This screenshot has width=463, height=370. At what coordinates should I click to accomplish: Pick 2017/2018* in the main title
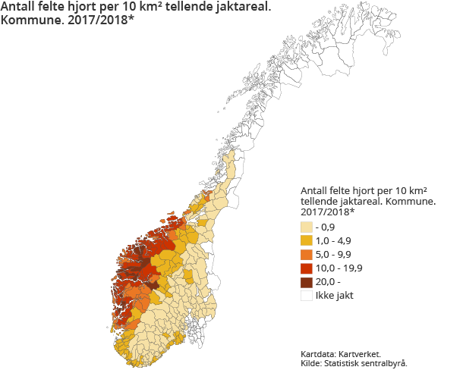(x=99, y=24)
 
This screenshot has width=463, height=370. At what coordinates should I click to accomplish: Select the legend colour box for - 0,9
(x=307, y=227)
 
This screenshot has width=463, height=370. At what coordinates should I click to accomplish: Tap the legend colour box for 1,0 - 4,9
(x=307, y=240)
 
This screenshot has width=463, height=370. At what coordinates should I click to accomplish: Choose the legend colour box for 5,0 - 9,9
(x=307, y=254)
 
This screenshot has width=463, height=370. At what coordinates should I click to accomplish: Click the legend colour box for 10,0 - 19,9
(x=307, y=268)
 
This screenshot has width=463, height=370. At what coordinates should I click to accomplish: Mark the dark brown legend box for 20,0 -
(x=307, y=281)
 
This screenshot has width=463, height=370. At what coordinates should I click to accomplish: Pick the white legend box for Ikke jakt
(x=307, y=296)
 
